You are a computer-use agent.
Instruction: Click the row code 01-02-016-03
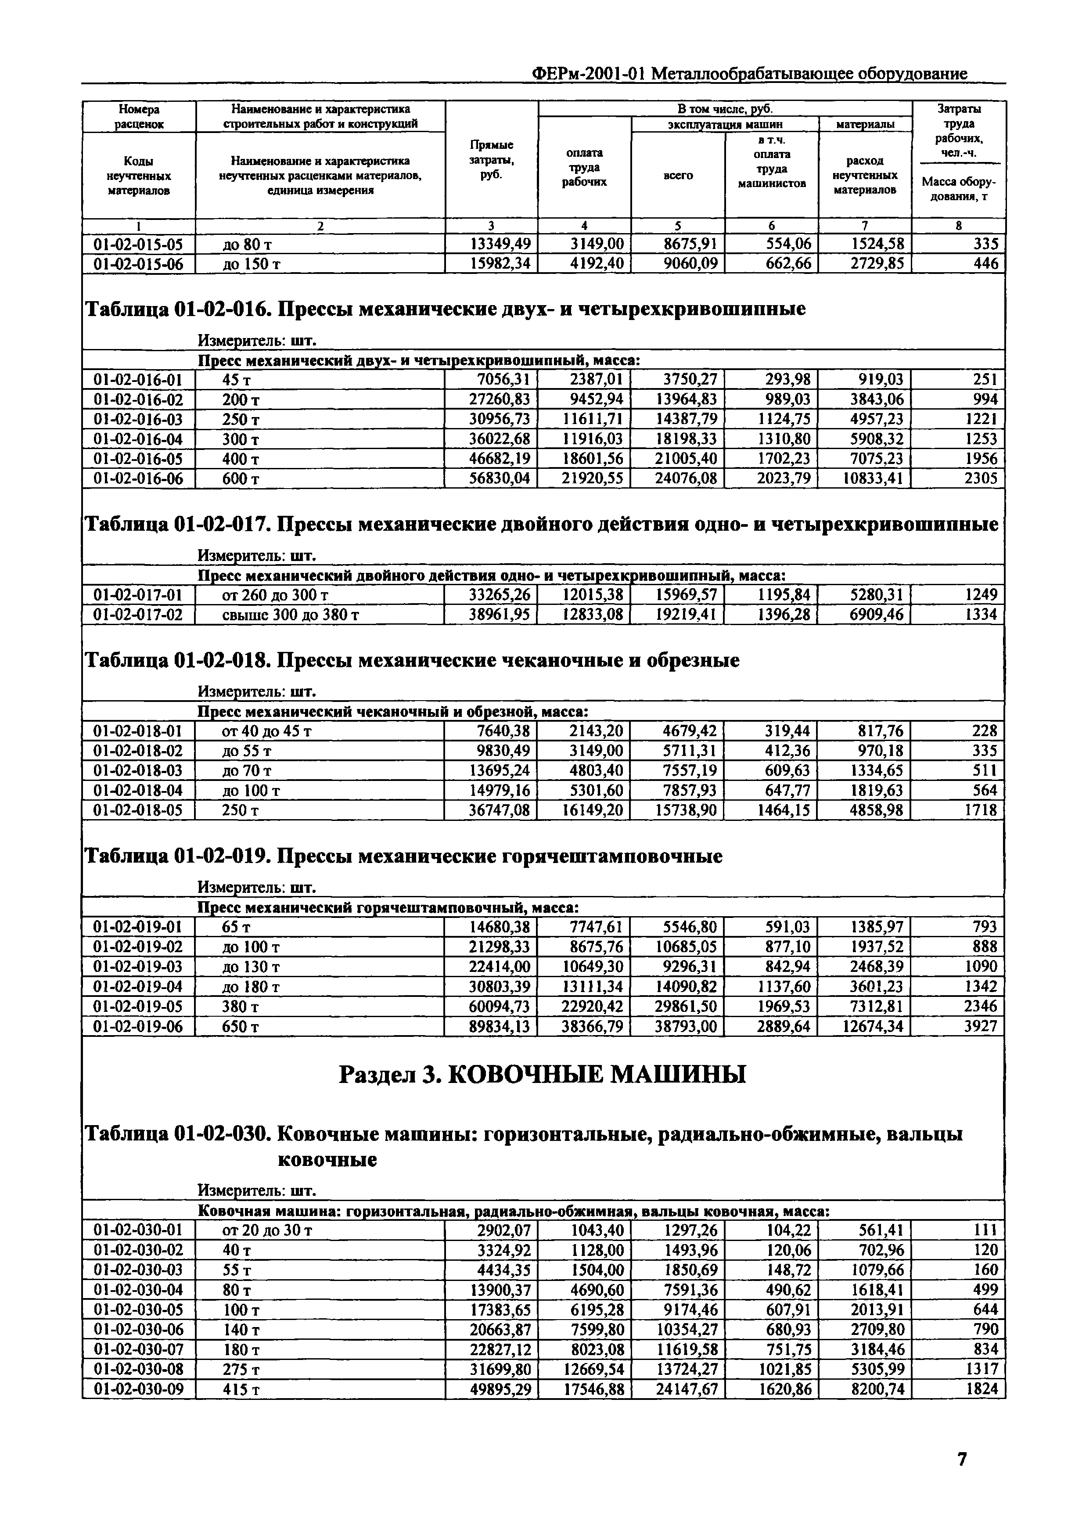[138, 419]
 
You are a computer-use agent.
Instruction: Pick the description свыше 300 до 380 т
[291, 615]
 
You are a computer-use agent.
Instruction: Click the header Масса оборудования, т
[959, 189]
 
